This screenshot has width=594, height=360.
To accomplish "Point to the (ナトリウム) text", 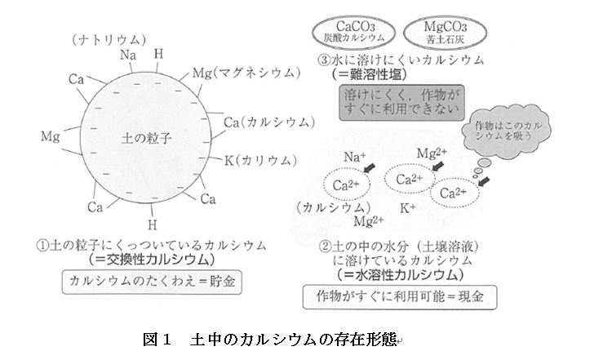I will [109, 38].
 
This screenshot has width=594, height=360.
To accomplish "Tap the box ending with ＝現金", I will [399, 297].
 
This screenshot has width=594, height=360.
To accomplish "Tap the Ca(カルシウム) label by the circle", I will [269, 122].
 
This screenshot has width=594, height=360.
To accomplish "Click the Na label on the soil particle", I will [127, 56].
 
